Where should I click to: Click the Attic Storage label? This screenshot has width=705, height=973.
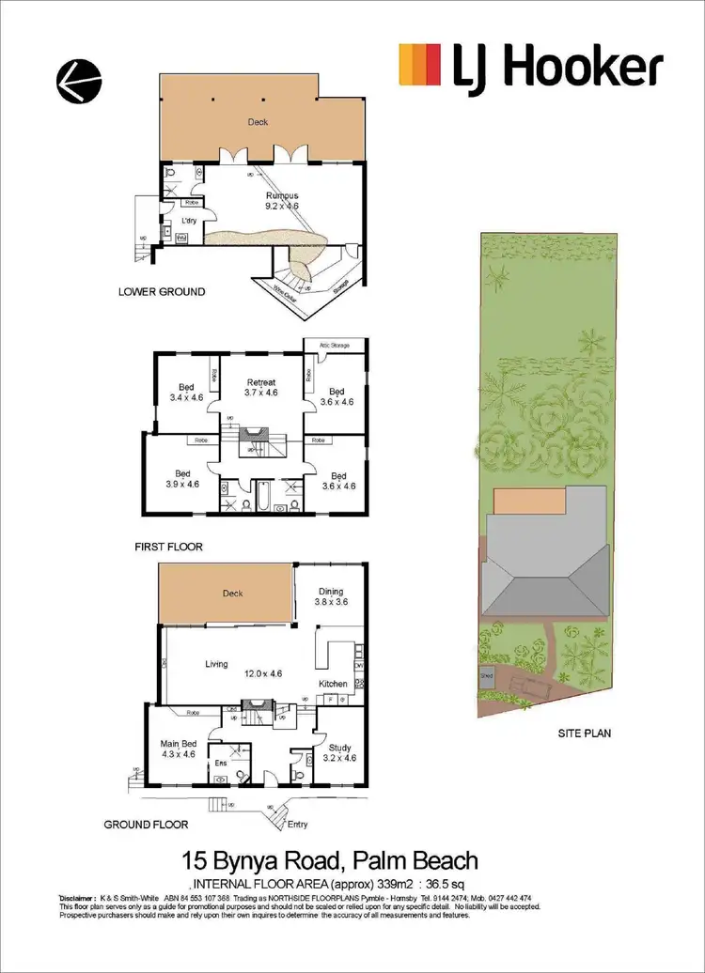point(335,346)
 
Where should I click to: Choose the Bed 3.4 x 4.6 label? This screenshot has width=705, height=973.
point(186,392)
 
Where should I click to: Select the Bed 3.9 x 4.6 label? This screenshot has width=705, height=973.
point(182,479)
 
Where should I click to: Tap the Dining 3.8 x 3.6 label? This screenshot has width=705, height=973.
point(331,595)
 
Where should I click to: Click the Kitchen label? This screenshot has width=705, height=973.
point(334,684)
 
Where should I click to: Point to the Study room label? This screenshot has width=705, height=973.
point(339,749)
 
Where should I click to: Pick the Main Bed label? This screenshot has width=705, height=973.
point(178,749)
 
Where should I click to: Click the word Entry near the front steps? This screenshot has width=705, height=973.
point(298,824)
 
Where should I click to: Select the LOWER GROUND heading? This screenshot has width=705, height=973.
point(162,292)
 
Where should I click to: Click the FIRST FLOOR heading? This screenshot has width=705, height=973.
point(170,546)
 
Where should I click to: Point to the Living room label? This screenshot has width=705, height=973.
point(217,664)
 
